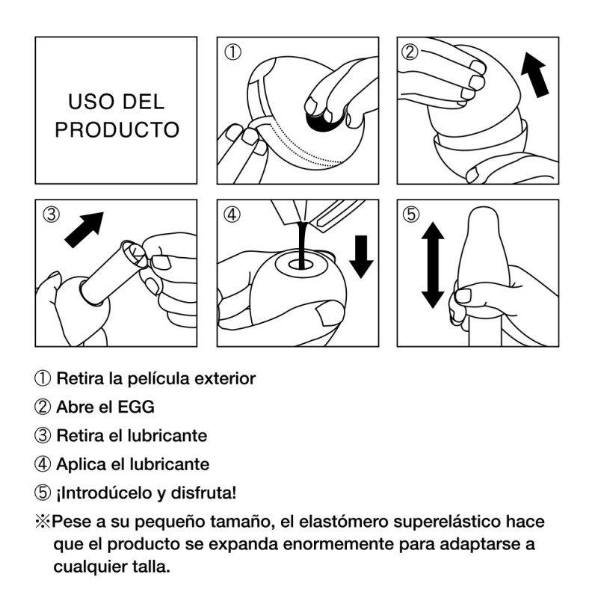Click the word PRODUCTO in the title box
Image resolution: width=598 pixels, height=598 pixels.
point(117,130)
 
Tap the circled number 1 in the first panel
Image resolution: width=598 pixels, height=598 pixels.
point(232,52)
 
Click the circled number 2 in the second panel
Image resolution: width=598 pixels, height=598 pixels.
point(410,52)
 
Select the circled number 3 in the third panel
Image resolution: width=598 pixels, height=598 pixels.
point(52,215)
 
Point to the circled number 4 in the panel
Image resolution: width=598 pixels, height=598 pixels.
point(232,215)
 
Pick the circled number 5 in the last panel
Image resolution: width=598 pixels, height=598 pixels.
point(410,215)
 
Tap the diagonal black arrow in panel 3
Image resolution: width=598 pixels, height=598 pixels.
point(84,230)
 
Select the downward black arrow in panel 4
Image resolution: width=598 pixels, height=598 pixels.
point(361,256)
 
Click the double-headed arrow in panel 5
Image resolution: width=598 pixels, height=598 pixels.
point(433,265)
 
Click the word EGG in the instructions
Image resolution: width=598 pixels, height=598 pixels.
point(136,407)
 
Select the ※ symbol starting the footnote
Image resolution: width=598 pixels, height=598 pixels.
point(43,521)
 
